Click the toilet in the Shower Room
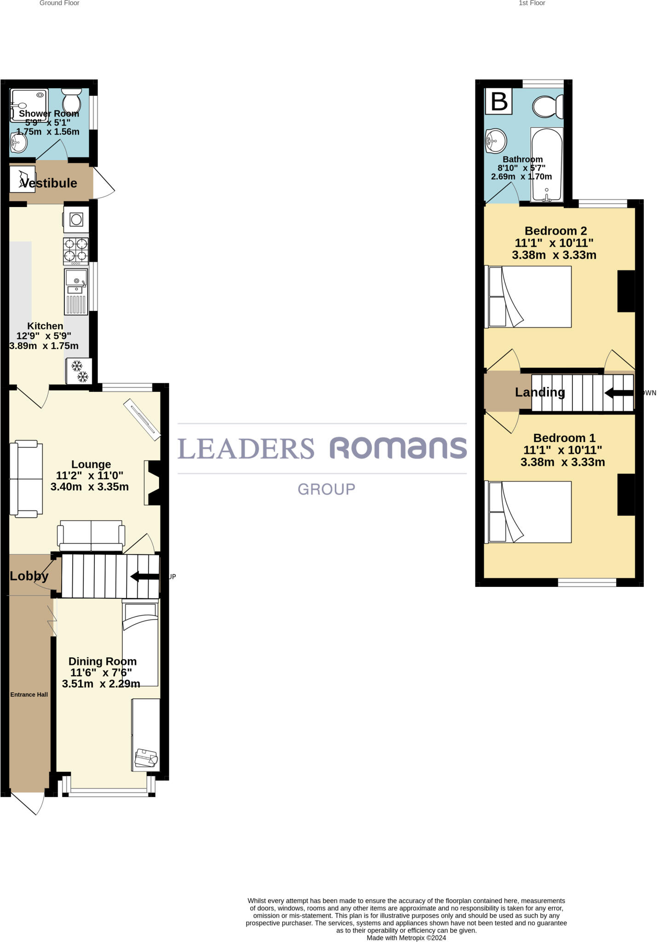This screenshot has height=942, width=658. [71, 99]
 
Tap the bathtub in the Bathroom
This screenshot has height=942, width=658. [547, 164]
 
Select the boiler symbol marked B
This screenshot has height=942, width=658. [499, 101]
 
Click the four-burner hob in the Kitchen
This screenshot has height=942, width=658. [76, 250]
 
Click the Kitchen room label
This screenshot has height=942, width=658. [45, 326]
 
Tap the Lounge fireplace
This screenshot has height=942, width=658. [153, 482]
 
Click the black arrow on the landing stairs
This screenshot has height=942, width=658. [618, 393]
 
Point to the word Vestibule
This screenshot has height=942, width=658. [49, 183]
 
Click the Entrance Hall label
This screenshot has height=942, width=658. [29, 695]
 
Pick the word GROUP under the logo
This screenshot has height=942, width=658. [326, 489]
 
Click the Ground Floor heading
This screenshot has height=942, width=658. [59, 3]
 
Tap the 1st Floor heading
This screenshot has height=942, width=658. [532, 3]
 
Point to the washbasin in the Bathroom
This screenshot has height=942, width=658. [496, 140]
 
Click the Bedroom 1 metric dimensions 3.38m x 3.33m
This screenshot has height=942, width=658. [562, 462]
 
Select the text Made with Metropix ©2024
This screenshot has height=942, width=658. [406, 938]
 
